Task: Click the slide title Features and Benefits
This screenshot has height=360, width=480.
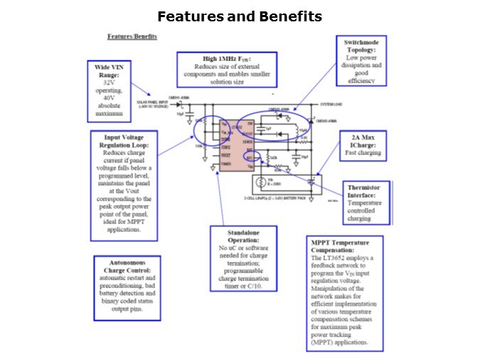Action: tap(240, 16)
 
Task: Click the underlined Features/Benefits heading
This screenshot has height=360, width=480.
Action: tap(132, 36)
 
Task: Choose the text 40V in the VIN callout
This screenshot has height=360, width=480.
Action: tap(110, 97)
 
